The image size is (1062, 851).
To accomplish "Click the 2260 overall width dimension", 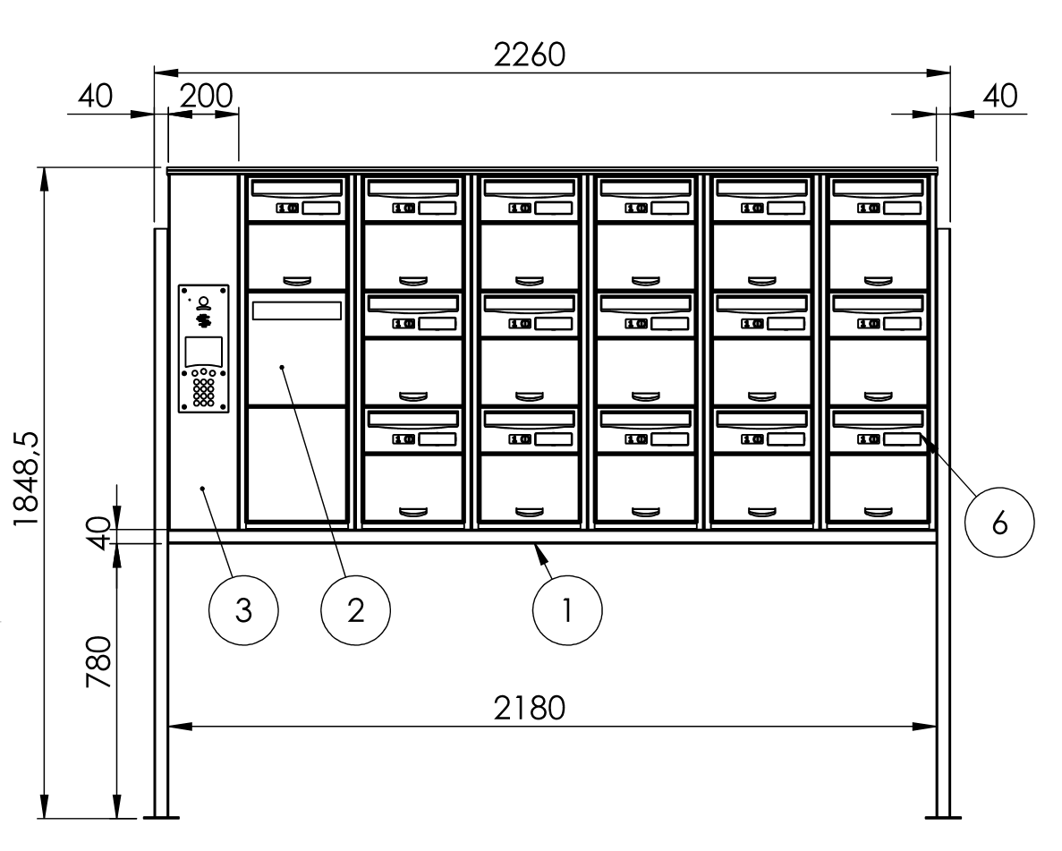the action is click(x=529, y=55).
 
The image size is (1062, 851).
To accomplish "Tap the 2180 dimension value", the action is click(x=529, y=708).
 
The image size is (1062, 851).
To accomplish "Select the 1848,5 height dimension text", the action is click(x=27, y=479).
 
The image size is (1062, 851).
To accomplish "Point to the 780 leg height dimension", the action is click(x=99, y=662).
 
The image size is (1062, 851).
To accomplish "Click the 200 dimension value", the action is click(x=206, y=97).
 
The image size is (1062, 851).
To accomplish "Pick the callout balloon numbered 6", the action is click(x=999, y=523).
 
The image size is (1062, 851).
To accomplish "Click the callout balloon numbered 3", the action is click(x=243, y=610).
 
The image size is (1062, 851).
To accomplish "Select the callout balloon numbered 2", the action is click(x=355, y=610).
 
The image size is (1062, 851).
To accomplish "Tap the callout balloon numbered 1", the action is click(x=567, y=610).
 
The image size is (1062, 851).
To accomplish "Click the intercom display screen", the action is click(x=203, y=352).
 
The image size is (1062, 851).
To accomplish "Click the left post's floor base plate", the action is click(x=160, y=817).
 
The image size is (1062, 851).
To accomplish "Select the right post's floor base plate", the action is click(x=944, y=817).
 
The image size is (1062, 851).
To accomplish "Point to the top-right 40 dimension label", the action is click(x=999, y=97).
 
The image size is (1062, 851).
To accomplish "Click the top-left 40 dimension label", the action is click(x=95, y=97).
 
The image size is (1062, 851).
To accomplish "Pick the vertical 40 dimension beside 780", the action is click(x=99, y=533).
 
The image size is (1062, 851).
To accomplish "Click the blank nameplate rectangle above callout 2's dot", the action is click(x=297, y=311).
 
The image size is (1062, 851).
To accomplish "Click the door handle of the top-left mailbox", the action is click(x=297, y=280).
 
